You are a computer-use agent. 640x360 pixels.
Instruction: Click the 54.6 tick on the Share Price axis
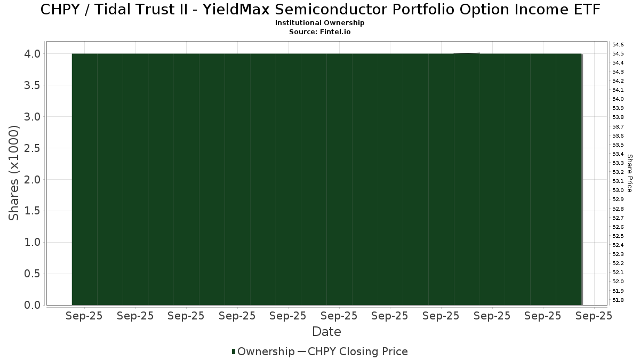pos(618,45)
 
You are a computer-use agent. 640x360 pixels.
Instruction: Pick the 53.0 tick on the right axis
pos(618,190)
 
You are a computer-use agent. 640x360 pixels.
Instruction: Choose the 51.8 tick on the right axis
pos(618,300)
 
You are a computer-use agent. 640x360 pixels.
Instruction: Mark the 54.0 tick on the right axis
pos(618,99)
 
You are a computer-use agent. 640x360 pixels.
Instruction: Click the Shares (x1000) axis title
pos(13,173)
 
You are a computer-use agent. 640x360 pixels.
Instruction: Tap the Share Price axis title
pos(630,173)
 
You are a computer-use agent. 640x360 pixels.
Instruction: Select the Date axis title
pos(326,332)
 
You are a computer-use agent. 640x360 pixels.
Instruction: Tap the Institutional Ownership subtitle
pos(319,23)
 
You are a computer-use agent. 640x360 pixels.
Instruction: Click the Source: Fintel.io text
pos(319,31)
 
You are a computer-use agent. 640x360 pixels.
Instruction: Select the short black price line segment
pos(467,53)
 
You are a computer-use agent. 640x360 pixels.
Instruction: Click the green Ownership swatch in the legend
pos(234,351)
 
